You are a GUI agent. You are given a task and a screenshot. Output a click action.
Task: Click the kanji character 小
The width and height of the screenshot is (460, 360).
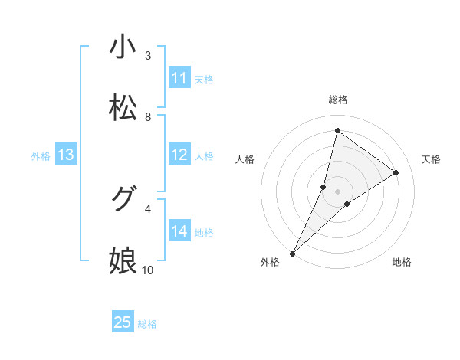point(123,47)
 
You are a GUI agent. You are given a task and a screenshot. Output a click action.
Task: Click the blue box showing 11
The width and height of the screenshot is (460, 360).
point(179,78)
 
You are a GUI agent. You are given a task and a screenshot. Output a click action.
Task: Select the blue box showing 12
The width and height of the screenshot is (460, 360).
point(179,155)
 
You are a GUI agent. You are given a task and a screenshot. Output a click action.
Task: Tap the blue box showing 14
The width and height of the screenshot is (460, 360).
point(179,231)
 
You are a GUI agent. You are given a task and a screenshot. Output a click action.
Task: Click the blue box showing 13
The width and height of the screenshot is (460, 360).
point(66,155)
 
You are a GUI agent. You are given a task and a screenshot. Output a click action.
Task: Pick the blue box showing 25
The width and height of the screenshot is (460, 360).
point(123,322)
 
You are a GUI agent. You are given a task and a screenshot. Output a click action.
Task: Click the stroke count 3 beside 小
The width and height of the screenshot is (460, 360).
point(148,55)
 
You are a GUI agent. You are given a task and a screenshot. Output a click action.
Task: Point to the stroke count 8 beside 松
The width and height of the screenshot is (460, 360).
point(148,116)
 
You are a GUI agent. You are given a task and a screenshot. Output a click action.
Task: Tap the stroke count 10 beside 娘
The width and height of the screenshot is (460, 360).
point(148,270)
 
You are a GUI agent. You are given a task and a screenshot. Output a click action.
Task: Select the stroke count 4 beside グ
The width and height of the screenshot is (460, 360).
point(148,208)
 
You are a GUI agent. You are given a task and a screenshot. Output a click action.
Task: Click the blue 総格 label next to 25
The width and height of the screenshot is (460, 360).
point(147,324)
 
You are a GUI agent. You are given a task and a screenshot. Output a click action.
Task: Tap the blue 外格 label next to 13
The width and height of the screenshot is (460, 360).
point(41,156)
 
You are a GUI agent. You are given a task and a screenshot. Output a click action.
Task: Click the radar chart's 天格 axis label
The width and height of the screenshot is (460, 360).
point(431,159)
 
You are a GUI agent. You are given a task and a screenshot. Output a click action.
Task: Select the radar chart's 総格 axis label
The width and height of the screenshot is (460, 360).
point(337,100)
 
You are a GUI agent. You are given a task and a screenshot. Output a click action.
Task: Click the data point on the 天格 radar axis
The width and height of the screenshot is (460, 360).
point(396,172)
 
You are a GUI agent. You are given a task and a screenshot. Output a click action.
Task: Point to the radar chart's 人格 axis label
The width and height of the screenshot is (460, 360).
point(245,159)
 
